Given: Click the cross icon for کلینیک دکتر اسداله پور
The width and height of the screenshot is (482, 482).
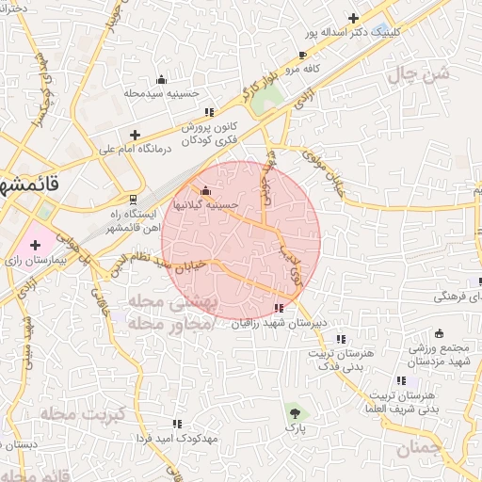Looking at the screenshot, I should (353, 18).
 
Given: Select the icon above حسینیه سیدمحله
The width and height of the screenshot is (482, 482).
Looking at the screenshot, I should (161, 79).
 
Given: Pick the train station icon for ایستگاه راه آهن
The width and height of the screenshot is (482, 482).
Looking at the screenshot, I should (133, 199).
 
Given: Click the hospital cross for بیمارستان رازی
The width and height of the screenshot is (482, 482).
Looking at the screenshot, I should (36, 245).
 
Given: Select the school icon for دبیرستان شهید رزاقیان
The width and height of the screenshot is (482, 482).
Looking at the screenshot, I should (278, 308).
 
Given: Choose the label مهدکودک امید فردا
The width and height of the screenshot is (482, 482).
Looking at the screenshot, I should (183, 439).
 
